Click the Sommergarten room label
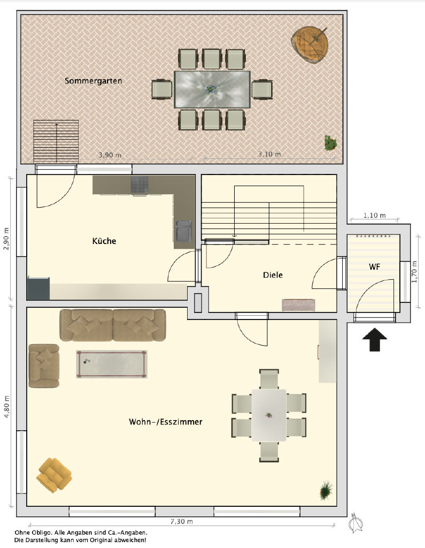coord(93,81)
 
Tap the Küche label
coord(104,241)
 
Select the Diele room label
coord(273,275)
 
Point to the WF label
coord(374,267)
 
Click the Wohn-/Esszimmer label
coord(166,422)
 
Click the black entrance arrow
coord(375,339)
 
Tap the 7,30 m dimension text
coord(181,521)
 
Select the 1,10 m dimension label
coord(374,215)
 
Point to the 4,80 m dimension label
coord(6,407)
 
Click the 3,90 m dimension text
coord(110,155)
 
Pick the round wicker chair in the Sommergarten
coord(310,44)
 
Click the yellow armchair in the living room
coord(54,475)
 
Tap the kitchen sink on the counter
coord(183,231)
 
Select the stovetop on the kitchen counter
coord(140,185)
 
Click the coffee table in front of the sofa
coord(111,364)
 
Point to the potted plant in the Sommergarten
coord(330,143)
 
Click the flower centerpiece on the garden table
coord(211,89)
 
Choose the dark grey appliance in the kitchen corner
coord(38,288)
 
